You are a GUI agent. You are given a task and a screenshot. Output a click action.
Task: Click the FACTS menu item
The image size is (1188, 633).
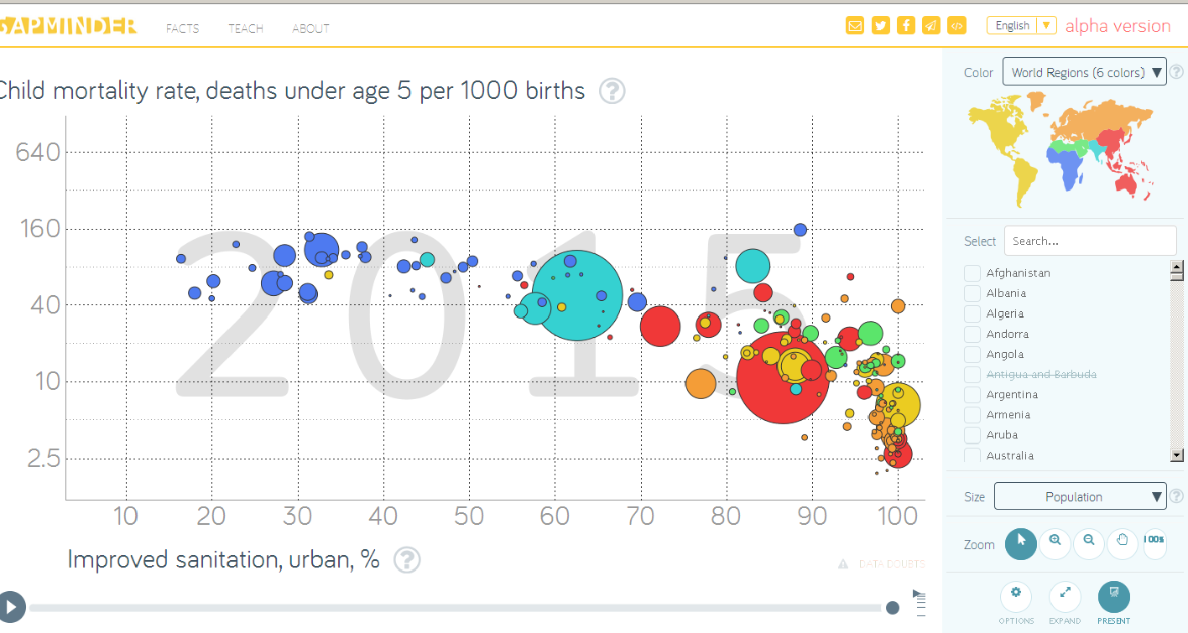(182, 29)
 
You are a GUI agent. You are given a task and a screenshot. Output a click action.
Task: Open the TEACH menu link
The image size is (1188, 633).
(246, 29)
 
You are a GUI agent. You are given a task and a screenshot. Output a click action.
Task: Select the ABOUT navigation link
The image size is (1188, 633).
(310, 29)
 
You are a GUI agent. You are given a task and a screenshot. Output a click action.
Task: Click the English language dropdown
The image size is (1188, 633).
(1021, 25)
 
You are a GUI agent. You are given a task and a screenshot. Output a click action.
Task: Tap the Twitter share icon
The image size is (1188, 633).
(880, 25)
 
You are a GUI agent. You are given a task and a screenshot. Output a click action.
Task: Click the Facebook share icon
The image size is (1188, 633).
(905, 25)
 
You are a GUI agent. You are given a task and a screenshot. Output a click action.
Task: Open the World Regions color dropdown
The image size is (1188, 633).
(1084, 72)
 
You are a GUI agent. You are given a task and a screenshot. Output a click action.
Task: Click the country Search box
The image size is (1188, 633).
(1090, 241)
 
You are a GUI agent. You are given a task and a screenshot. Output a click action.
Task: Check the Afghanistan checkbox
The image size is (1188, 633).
(972, 273)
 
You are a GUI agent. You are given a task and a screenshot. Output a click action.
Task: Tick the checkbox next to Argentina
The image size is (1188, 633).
(972, 395)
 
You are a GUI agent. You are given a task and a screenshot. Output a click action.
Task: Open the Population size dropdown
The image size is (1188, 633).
(1080, 496)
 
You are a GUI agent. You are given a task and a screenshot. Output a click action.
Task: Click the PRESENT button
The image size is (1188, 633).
(1113, 597)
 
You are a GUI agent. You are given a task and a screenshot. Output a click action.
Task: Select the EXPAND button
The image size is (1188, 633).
(1065, 597)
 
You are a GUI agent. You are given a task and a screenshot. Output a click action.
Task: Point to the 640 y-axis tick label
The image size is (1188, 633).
(39, 153)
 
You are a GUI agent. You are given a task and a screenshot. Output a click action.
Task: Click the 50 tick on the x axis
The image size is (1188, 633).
(469, 516)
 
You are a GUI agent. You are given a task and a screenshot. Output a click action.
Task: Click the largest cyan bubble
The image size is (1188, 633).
(577, 295)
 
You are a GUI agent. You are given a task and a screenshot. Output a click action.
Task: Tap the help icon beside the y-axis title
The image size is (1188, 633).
(612, 91)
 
